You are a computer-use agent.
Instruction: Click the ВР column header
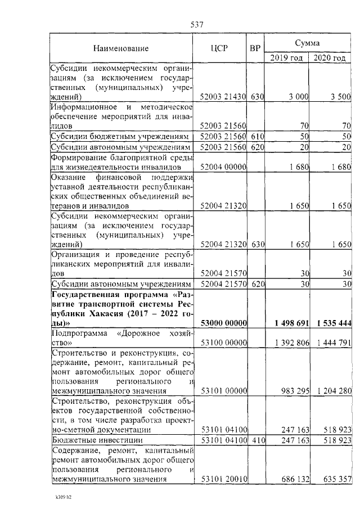255,48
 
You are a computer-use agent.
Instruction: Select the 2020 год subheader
330,57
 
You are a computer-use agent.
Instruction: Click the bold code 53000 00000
224,323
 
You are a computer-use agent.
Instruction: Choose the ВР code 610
257,137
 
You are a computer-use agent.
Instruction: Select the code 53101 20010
224,479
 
